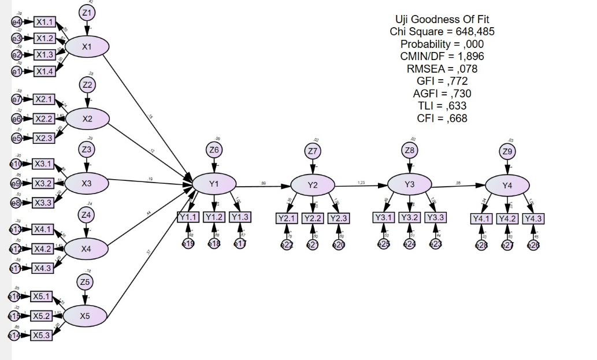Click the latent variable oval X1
pos(87,47)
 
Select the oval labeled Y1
pos(214,184)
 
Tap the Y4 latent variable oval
pos(507,185)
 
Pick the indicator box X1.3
pos(45,55)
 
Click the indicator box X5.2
pos(42,316)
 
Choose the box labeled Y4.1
pos(481,218)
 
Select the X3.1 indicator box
pos(43,164)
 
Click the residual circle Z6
pos(214,150)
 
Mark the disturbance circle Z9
pos(507,152)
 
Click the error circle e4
pos(17,22)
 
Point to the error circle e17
pos(240,244)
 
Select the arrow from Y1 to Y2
pos(263,187)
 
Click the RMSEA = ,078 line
pos(442,68)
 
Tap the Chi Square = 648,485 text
pos(442,31)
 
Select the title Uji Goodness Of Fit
pos(442,19)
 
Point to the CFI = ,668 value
pos(442,118)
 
